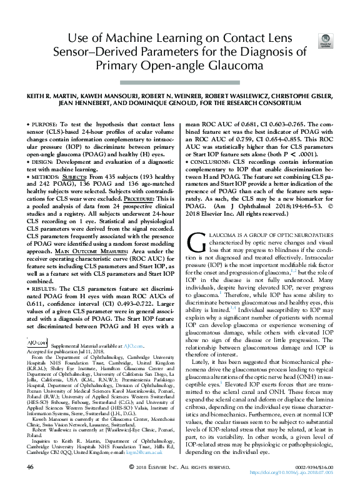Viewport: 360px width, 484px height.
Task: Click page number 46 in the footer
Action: click(29, 467)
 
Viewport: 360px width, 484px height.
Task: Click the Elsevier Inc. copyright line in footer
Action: click(179, 467)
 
